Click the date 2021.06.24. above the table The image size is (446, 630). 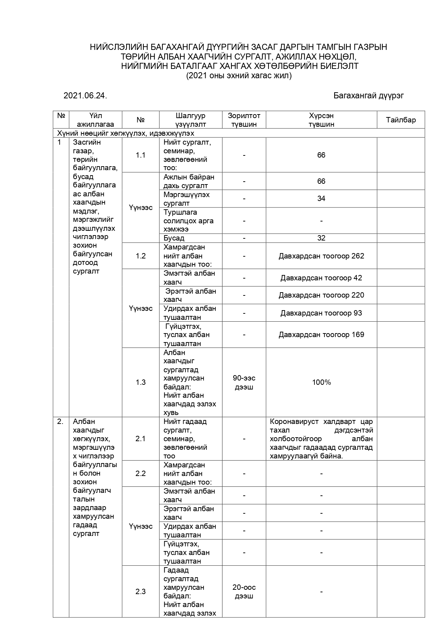click(x=85, y=95)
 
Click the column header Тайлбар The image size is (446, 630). click(x=401, y=120)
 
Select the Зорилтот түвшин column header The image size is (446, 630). click(x=244, y=120)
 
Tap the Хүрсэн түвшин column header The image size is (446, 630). click(x=321, y=120)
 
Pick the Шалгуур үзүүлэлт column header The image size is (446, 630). click(x=190, y=120)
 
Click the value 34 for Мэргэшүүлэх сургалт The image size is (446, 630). click(x=321, y=199)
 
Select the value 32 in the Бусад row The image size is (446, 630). click(x=321, y=238)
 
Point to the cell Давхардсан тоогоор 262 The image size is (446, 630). click(x=321, y=256)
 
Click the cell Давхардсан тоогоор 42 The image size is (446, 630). click(x=321, y=278)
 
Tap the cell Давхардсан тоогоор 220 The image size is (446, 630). click(x=321, y=295)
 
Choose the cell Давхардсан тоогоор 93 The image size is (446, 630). click(x=321, y=313)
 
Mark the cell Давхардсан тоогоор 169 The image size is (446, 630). click(x=321, y=335)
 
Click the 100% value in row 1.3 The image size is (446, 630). click(x=321, y=382)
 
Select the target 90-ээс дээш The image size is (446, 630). click(x=244, y=382)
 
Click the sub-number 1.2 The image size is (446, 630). click(x=141, y=256)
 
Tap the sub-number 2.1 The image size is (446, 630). click(x=141, y=439)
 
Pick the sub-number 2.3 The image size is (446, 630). click(x=141, y=592)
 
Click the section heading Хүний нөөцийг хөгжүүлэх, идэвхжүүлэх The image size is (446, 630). click(x=126, y=133)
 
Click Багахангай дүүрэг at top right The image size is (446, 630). click(x=369, y=95)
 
